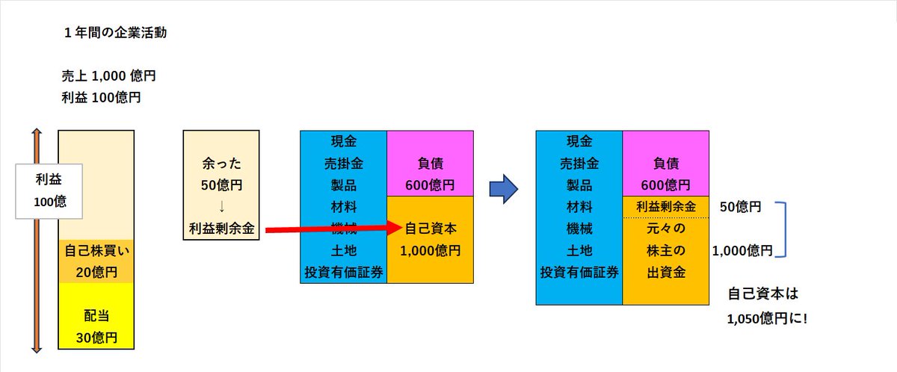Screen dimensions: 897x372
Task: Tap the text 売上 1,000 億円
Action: click(x=109, y=76)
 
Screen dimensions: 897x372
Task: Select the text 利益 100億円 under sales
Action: click(x=102, y=97)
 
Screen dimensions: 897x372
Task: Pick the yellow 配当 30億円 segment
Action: click(x=96, y=326)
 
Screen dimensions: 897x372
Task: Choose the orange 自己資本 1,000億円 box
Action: click(x=430, y=239)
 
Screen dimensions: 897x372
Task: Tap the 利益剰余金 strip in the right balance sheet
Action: click(x=666, y=207)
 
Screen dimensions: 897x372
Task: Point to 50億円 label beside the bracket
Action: click(x=740, y=207)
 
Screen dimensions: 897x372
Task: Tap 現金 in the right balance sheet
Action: click(x=579, y=140)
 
